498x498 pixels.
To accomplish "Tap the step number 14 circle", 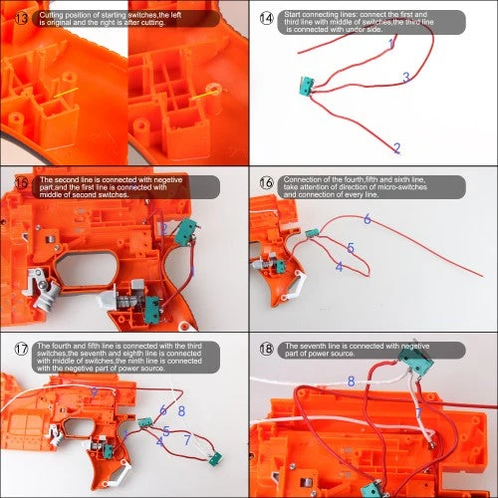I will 266,18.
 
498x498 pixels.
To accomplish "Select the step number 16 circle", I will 266,182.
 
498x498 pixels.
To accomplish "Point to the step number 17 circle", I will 21,350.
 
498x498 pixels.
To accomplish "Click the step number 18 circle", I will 266,349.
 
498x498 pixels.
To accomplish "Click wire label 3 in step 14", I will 405,78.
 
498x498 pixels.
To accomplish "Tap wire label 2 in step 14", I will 396,147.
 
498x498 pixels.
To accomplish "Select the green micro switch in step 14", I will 303,88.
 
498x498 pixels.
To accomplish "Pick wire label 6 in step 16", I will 367,218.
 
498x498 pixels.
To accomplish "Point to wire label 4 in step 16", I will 340,266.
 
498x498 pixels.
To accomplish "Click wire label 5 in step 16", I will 351,247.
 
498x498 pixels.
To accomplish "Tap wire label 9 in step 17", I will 94,391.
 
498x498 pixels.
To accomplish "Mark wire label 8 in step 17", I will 181,409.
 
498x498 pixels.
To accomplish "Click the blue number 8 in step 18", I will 351,380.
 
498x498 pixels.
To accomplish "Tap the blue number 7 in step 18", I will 418,409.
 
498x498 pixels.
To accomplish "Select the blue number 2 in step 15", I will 164,228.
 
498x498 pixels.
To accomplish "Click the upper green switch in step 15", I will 184,232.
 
